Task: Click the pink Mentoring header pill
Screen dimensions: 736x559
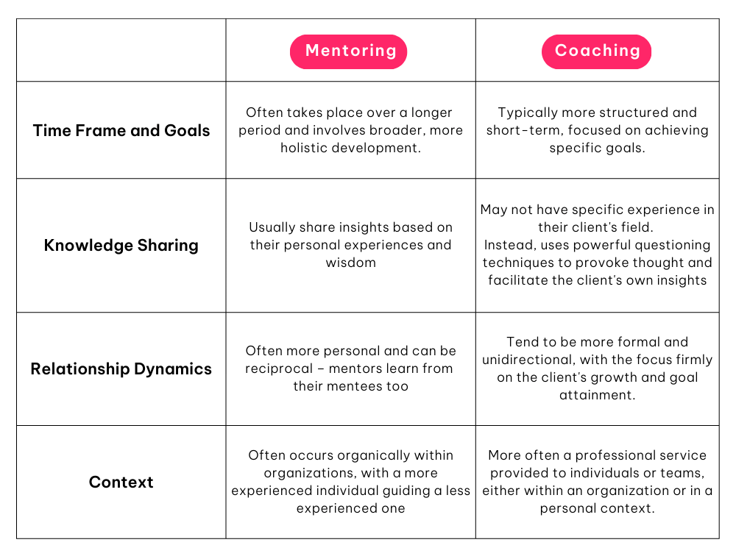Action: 348,51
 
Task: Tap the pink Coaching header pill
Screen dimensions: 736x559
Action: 597,51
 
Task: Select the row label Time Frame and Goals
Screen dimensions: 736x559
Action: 121,130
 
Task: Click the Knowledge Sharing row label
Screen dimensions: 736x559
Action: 121,245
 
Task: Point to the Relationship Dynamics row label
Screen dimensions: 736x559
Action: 121,369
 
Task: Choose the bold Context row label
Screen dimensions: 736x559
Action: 121,482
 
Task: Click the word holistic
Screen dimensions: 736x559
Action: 304,148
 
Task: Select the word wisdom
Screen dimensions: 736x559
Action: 350,263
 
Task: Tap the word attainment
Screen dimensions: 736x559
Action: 597,395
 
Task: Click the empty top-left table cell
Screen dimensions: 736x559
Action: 121,50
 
